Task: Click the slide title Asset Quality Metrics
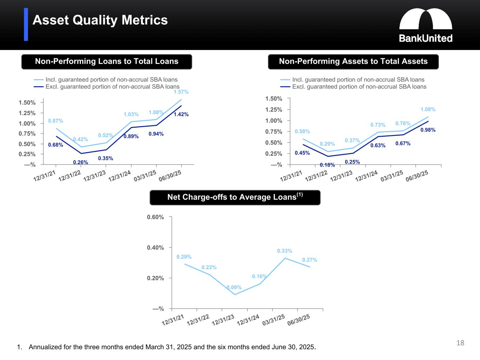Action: (100, 20)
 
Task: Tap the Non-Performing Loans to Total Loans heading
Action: (107, 62)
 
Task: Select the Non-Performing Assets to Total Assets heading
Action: (353, 62)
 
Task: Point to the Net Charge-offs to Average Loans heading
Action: (235, 197)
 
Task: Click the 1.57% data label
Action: (181, 92)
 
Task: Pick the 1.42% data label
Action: (181, 114)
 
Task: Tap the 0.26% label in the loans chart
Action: (81, 162)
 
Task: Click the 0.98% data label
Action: (428, 130)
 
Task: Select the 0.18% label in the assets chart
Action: (327, 165)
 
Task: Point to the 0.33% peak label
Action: (284, 251)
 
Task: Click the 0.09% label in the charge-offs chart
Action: (234, 288)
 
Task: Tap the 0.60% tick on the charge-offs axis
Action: (155, 217)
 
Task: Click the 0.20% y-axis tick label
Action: (155, 278)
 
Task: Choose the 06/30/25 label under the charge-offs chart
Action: (299, 320)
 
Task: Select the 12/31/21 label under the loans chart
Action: (44, 176)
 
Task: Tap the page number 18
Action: (460, 343)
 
